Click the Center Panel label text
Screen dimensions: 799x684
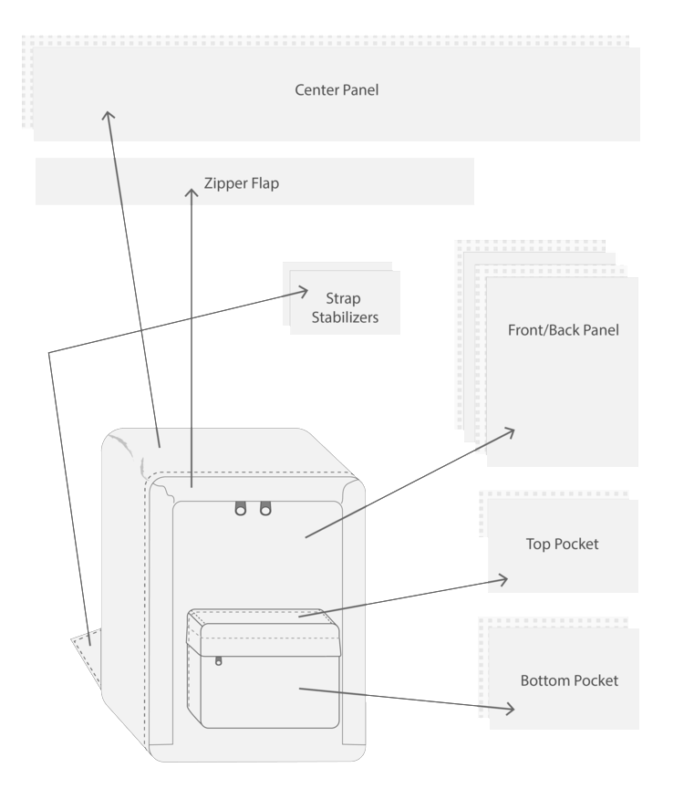point(337,90)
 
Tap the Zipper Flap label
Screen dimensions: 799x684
point(242,183)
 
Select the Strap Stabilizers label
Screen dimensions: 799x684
point(344,308)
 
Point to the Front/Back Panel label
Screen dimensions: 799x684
point(563,330)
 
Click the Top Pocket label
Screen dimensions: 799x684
point(562,545)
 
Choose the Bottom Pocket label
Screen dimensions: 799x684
point(569,681)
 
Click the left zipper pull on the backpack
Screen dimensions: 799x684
point(242,508)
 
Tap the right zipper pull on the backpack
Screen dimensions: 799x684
point(265,508)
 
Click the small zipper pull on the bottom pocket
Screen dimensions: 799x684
point(219,659)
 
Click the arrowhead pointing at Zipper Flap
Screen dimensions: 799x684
point(192,193)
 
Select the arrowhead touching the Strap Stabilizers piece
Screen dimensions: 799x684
point(303,291)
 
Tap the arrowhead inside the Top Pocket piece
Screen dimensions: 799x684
point(503,579)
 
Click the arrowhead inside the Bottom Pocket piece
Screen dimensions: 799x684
point(509,709)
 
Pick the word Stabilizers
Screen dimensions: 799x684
point(344,318)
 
